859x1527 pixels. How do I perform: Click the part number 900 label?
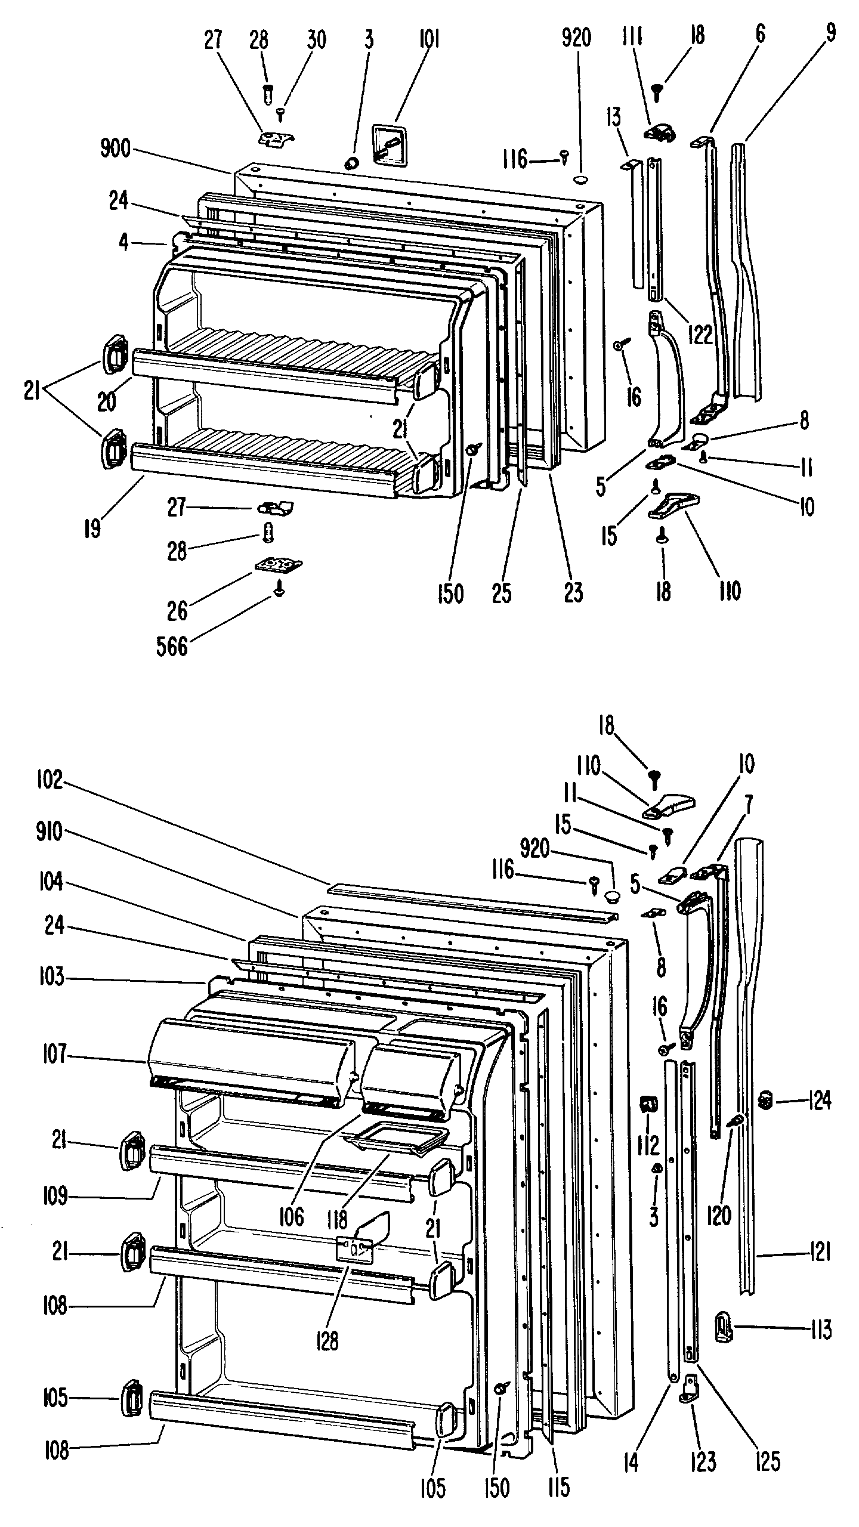pyautogui.click(x=116, y=149)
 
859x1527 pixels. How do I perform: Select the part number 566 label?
pyautogui.click(x=172, y=646)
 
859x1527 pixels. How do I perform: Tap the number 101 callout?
pyautogui.click(x=429, y=40)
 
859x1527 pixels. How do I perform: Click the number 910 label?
pyautogui.click(x=49, y=831)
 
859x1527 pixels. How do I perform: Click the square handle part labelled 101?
pyautogui.click(x=389, y=144)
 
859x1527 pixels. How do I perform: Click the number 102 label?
pyautogui.click(x=49, y=781)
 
